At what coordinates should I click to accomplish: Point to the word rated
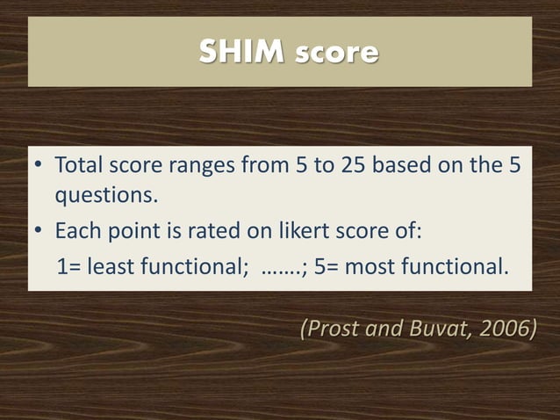click(197, 233)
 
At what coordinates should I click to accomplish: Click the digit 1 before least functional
click(62, 266)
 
